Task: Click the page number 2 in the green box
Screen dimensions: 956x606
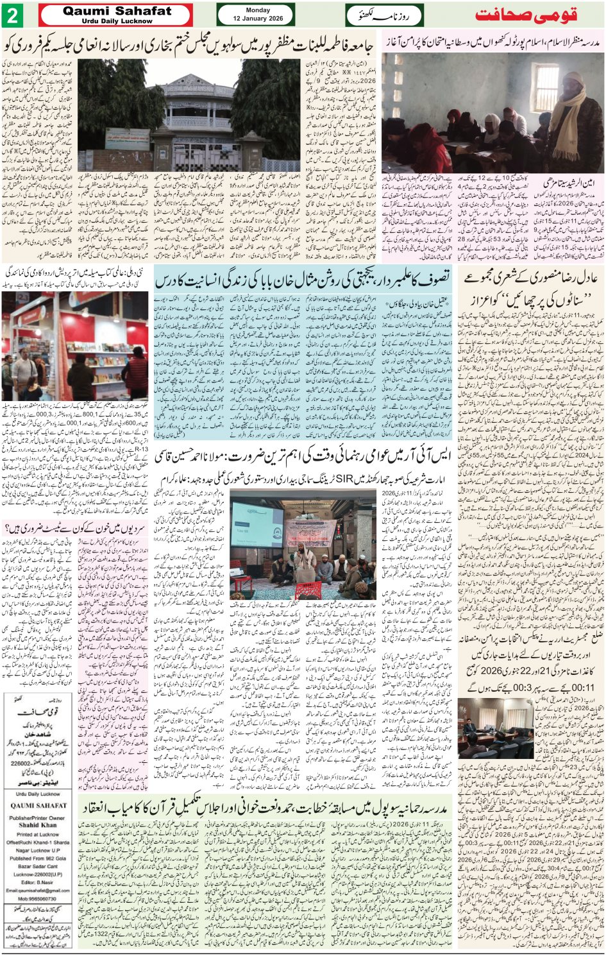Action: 12,15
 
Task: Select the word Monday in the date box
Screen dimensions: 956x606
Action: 258,10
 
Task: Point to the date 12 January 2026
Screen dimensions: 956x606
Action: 258,19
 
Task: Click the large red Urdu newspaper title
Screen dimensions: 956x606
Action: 526,15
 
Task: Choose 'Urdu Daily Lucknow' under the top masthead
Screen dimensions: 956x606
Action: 117,21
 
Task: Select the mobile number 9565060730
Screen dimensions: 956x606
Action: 42,899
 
